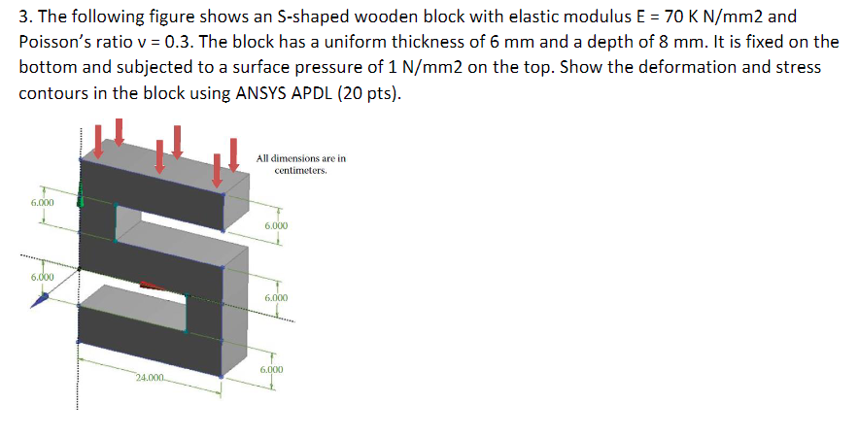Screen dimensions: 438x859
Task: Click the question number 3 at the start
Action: pos(23,17)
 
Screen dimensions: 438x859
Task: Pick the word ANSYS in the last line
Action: pos(265,93)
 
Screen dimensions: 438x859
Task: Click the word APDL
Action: pos(319,93)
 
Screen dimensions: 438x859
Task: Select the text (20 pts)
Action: pos(370,93)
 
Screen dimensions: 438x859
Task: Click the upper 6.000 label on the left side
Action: pos(42,202)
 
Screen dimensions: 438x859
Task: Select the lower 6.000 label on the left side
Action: pos(42,278)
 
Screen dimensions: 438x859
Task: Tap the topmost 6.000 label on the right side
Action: pos(276,225)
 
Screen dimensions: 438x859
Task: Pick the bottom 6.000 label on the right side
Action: pos(272,370)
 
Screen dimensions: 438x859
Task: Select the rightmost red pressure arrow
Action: pos(234,152)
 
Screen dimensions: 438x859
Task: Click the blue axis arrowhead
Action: pos(39,303)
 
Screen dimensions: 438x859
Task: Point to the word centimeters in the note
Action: pos(301,169)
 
